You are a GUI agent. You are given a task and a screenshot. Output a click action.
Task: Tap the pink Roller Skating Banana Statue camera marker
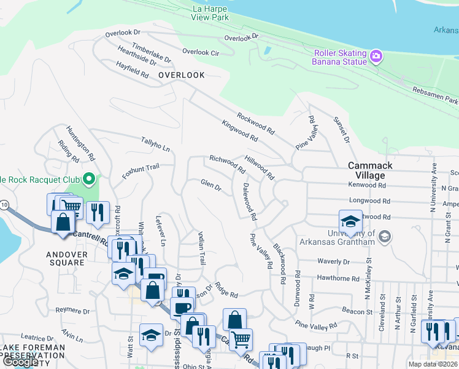pos(377,57)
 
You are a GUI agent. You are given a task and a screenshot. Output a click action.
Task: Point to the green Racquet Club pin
pos(90,180)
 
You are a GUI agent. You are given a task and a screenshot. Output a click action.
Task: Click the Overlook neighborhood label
pos(181,74)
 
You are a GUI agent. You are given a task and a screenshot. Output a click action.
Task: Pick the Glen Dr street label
pos(210,184)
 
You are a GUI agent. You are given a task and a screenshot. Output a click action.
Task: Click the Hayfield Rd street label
pos(133,69)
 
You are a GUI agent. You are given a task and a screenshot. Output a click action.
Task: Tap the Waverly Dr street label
pos(333,261)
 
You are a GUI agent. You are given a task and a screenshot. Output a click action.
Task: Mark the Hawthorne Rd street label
pos(338,278)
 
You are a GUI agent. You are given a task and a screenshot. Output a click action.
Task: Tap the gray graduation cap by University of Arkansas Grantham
pos(385,236)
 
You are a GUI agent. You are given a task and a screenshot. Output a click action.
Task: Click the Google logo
pos(20,362)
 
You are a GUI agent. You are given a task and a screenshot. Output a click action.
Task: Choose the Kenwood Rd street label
pos(366,184)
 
